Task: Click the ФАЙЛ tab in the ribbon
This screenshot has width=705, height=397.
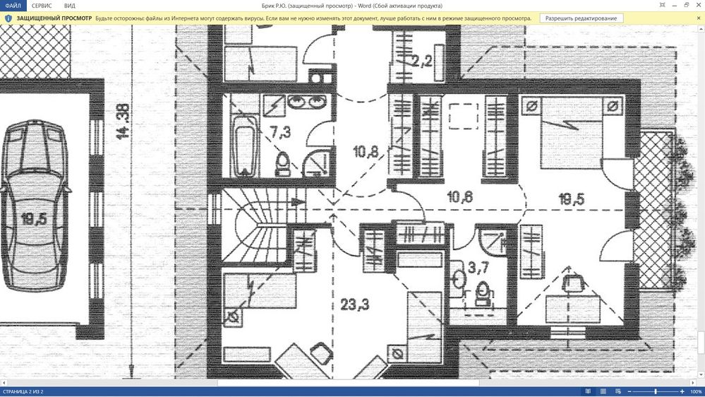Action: point(13,6)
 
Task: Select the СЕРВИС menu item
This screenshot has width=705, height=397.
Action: point(42,6)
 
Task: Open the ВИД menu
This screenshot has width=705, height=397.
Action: point(70,6)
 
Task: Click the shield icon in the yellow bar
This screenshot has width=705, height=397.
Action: point(8,18)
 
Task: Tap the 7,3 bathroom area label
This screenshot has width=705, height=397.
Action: point(280,132)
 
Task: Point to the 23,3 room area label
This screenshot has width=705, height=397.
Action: point(355,304)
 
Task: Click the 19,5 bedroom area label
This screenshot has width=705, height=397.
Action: point(572,199)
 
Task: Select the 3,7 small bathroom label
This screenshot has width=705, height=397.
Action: point(478,268)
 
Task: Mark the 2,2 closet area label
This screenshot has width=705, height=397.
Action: point(422,61)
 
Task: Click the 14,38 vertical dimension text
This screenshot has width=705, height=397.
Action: point(122,122)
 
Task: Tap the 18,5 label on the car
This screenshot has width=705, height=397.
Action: point(34,219)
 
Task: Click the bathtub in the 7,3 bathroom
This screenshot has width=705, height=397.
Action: point(245,145)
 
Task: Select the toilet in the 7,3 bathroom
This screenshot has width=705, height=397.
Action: point(282,163)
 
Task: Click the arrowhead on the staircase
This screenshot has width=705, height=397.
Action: point(298,202)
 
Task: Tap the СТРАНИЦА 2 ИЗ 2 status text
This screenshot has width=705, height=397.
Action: point(23,391)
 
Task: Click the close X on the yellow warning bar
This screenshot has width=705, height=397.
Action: point(699,18)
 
